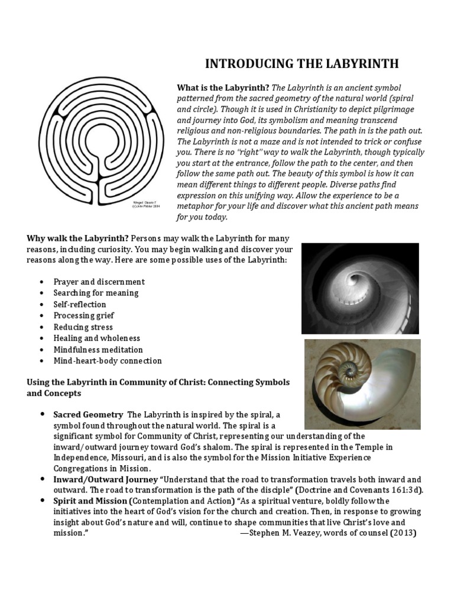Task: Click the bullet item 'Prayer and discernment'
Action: (99, 282)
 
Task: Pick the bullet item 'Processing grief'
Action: (83, 315)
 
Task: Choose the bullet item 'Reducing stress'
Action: (83, 327)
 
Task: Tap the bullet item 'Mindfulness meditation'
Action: (98, 349)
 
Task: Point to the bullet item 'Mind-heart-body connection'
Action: (107, 360)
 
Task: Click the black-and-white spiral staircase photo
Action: (360, 288)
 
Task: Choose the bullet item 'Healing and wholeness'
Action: (96, 338)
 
